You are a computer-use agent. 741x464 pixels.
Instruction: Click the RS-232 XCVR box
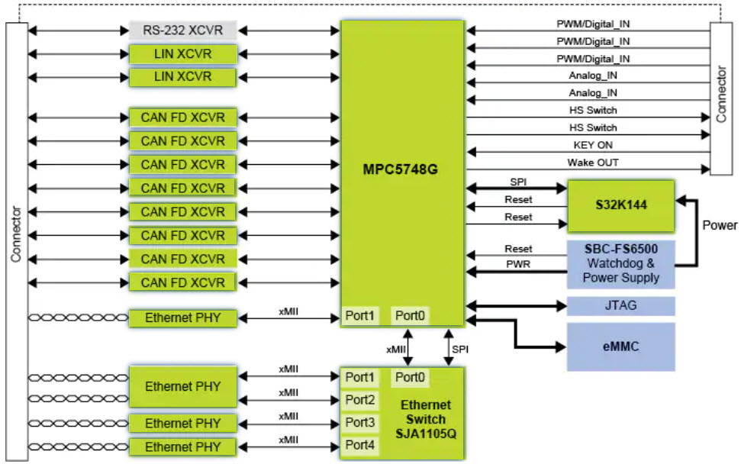(x=183, y=31)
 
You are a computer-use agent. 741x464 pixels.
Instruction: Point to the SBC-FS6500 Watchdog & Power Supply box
(x=621, y=263)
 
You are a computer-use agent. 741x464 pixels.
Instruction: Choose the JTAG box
(x=621, y=306)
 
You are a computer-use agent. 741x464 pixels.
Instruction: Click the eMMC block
(x=621, y=346)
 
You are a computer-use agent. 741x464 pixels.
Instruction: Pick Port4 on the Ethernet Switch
(x=359, y=444)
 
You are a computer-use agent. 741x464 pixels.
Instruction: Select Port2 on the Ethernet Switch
(x=359, y=399)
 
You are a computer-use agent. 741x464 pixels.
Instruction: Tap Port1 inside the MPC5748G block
(x=359, y=315)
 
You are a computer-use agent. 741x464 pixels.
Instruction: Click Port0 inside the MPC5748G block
(x=410, y=315)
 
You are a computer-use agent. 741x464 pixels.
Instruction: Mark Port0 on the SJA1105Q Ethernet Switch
(x=410, y=377)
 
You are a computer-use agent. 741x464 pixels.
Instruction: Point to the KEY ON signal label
(x=592, y=145)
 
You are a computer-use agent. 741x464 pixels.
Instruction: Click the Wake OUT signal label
(x=592, y=163)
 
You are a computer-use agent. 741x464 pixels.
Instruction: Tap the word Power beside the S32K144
(x=720, y=225)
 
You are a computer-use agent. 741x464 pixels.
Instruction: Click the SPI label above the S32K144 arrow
(x=518, y=182)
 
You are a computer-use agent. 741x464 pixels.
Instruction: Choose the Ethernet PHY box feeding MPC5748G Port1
(x=183, y=317)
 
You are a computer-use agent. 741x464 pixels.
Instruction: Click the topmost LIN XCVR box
(x=183, y=54)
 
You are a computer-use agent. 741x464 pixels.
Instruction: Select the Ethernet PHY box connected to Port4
(x=183, y=446)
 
